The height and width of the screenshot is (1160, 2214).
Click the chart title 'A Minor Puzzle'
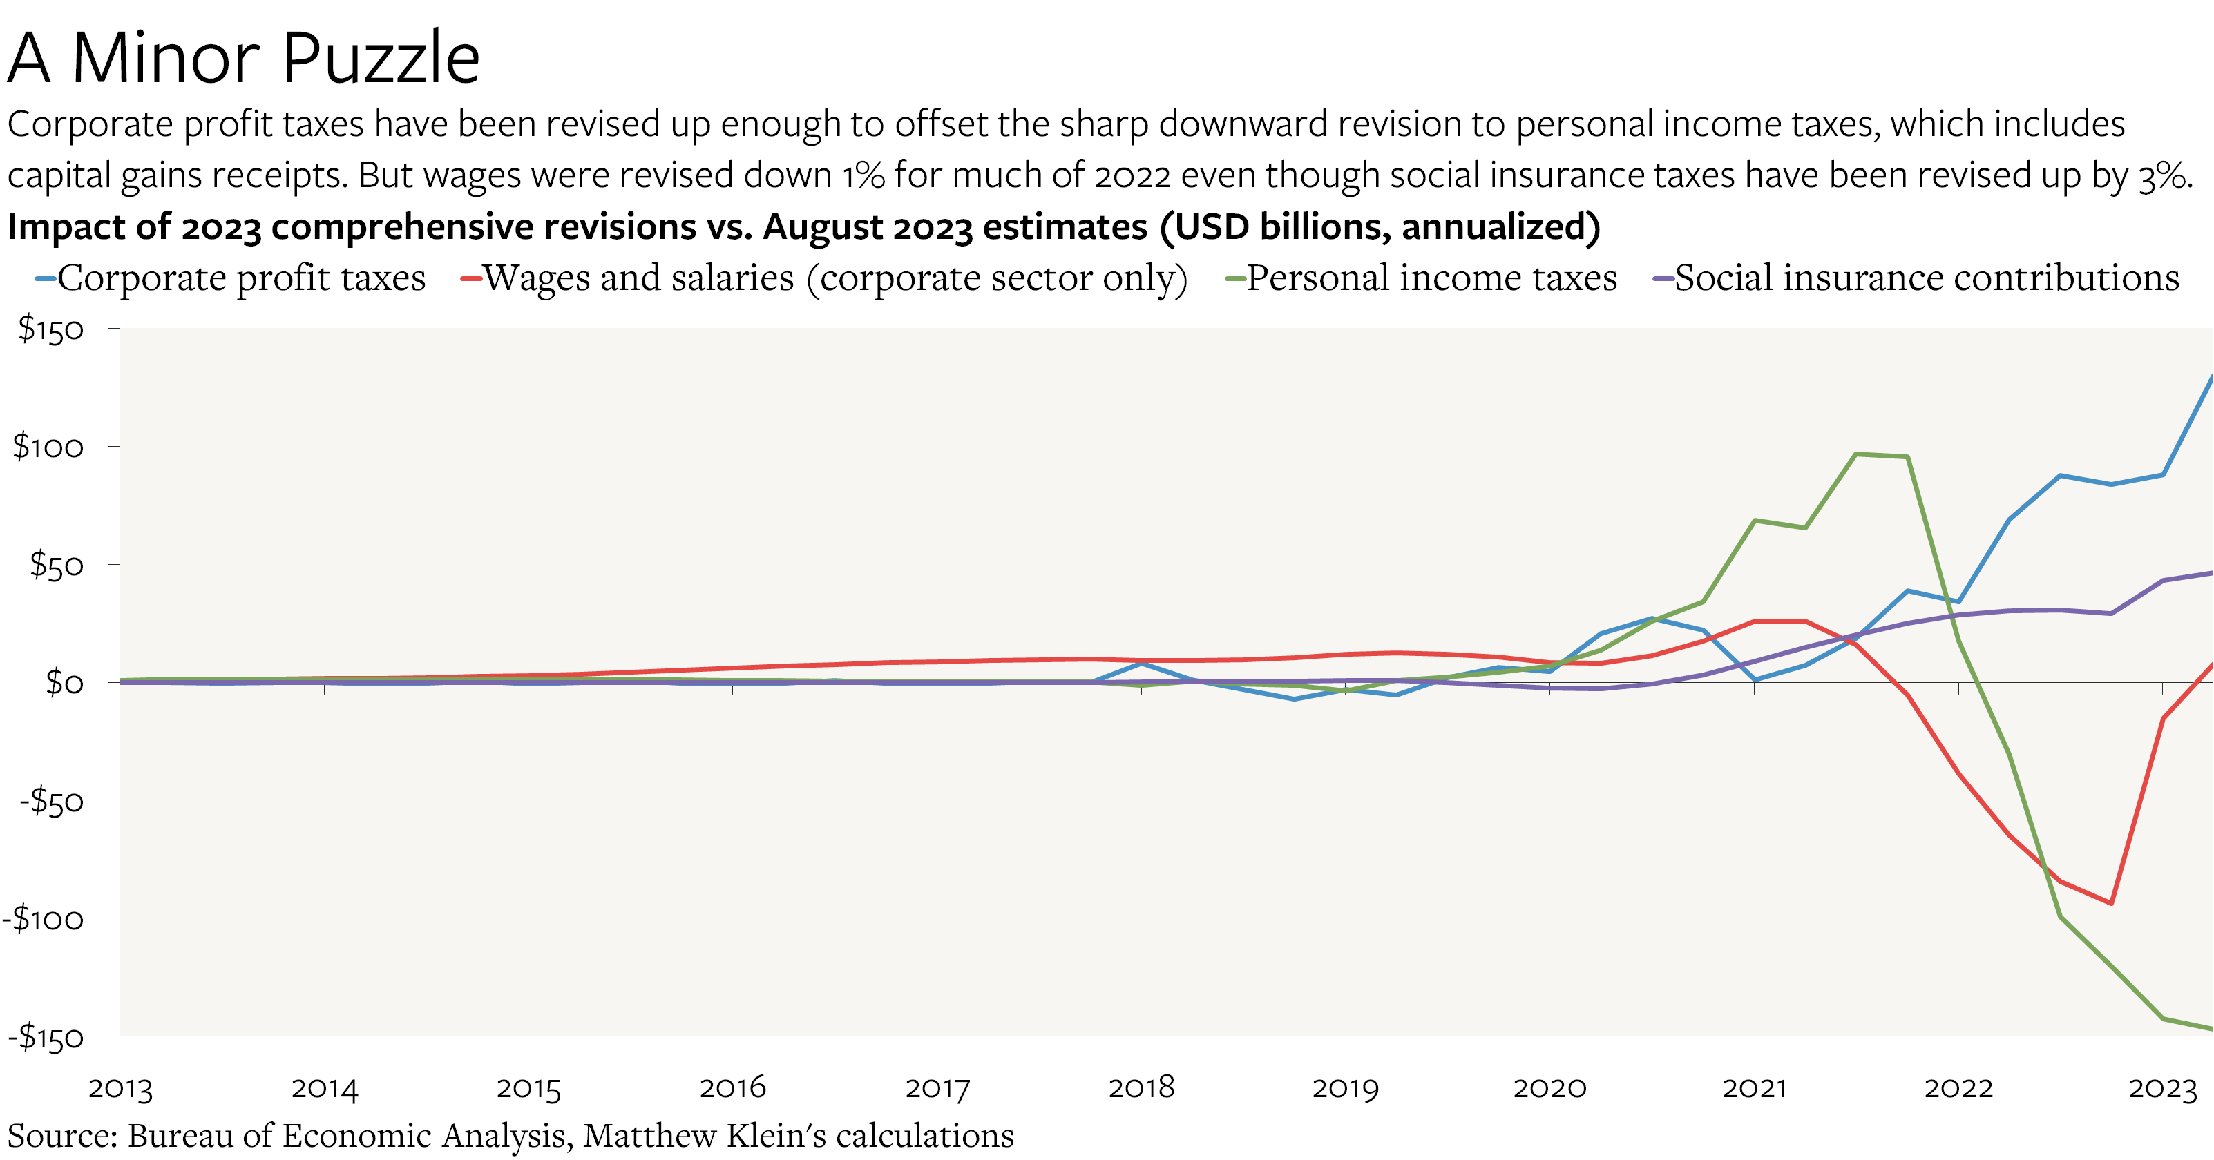point(243,59)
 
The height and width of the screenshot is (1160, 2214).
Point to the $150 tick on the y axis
point(52,330)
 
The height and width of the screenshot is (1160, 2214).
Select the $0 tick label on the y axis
point(64,683)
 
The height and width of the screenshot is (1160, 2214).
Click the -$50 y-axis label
point(52,802)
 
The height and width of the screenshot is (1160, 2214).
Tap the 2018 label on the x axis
point(1141,1087)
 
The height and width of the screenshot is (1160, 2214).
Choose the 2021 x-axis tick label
point(1754,1087)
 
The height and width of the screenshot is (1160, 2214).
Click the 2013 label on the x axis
point(120,1087)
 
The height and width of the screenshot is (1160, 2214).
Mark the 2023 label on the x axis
point(2161,1087)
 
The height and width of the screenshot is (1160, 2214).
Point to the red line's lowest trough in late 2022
point(2111,903)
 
